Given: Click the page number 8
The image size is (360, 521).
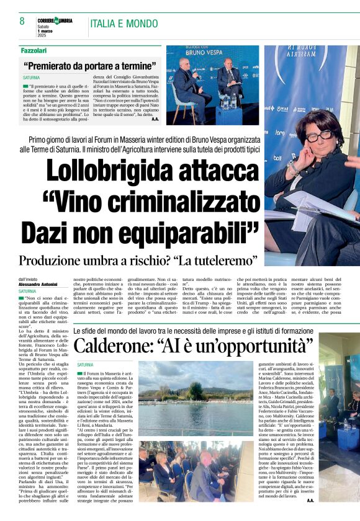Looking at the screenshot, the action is (22, 21).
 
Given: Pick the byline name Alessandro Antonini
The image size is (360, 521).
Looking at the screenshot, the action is (40, 285).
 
